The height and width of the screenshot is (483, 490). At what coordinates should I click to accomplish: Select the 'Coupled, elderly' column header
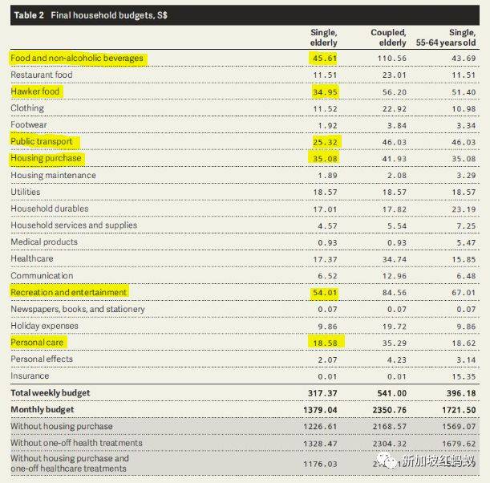[x=388, y=37]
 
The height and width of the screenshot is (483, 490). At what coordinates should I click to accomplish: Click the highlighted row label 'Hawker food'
[x=35, y=91]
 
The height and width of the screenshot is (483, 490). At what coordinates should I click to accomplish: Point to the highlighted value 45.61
[x=324, y=59]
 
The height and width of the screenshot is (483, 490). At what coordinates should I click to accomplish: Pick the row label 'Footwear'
[x=30, y=124]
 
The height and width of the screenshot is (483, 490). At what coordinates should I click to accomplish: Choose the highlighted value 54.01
[x=324, y=292]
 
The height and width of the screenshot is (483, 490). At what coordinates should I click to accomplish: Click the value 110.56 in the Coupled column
[x=391, y=59]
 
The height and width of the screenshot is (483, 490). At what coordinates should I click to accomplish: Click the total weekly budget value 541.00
[x=391, y=393]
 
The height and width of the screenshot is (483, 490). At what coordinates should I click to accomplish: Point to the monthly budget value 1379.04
[x=320, y=409]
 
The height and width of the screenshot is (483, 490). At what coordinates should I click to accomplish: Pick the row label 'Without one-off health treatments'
[x=77, y=443]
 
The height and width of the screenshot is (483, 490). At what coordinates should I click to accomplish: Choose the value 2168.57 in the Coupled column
[x=388, y=426]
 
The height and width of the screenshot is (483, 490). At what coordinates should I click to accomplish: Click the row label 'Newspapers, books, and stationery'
[x=78, y=309]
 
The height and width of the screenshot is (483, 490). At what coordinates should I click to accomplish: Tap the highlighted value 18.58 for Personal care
[x=324, y=342]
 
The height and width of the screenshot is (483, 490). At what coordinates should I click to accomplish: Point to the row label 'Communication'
[x=43, y=275]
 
